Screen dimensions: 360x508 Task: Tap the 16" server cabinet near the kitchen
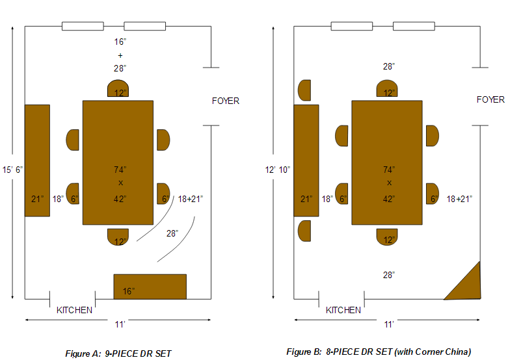pos(150,287)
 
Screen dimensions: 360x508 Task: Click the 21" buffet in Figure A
pos(37,160)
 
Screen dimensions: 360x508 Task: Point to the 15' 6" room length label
pos(12,170)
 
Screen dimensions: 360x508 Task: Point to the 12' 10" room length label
pos(278,170)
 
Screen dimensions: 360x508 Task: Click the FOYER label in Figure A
pos(226,101)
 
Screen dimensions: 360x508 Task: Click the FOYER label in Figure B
pos(490,99)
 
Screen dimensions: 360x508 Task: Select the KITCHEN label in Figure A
pos(74,310)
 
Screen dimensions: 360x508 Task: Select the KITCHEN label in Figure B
pos(343,310)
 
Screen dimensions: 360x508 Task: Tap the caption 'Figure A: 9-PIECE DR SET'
pos(118,354)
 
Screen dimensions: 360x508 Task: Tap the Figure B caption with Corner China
pos(379,352)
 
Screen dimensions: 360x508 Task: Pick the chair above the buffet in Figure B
pos(303,90)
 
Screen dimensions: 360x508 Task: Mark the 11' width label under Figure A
pos(120,324)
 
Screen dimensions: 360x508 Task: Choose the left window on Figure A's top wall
pos(83,26)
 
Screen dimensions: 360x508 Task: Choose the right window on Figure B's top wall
pos(414,26)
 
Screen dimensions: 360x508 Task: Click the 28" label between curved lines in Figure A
pos(172,233)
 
